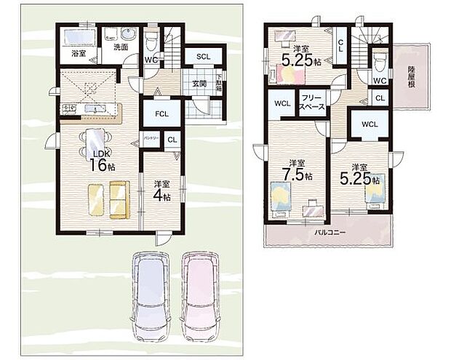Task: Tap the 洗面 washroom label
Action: pos(120,48)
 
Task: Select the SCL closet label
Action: pos(203,57)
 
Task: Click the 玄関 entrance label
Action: pos(199,83)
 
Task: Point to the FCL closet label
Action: pos(161,113)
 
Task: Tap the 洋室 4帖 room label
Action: pos(161,190)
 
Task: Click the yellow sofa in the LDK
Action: pos(109,199)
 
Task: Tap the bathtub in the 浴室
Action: pos(78,36)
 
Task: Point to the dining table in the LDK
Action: pos(97,137)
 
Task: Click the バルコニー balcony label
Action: pos(330,233)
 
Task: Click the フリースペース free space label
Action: pos(313,101)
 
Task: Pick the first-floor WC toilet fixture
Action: pos(152,37)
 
